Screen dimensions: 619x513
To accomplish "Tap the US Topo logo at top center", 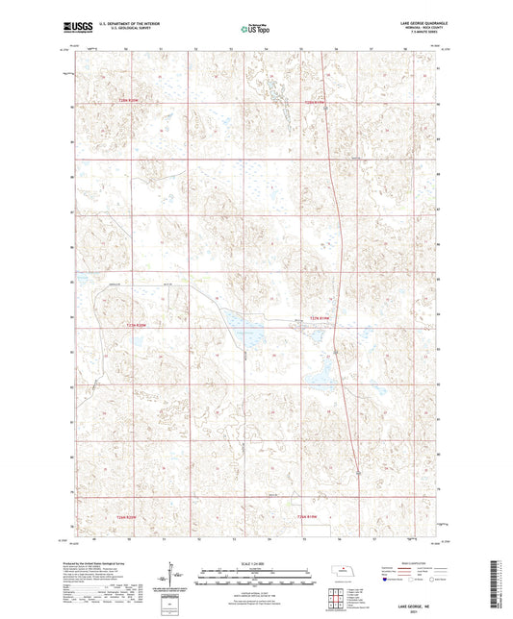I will (255, 30).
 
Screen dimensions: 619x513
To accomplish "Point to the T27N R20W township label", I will (140, 324).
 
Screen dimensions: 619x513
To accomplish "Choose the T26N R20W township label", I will (140, 517).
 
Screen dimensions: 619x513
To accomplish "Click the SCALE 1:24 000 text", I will (256, 563).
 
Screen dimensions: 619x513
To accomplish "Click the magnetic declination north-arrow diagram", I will (176, 578).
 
